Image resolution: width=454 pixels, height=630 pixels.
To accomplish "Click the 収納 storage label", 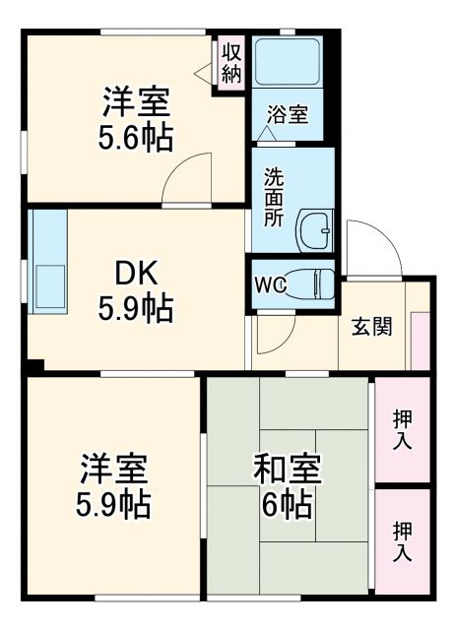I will click(x=231, y=61).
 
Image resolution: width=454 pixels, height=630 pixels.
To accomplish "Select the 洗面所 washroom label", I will click(x=273, y=197).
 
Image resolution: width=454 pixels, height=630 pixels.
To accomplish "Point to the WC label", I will click(x=271, y=285).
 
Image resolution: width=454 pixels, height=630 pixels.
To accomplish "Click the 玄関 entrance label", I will click(x=371, y=326).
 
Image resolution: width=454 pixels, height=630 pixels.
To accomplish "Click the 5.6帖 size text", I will click(x=134, y=137).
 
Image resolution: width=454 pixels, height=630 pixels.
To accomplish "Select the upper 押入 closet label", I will click(x=402, y=429).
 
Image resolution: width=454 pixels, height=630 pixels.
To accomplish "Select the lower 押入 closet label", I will click(x=402, y=540).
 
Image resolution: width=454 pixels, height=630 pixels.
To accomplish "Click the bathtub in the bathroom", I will click(x=288, y=63).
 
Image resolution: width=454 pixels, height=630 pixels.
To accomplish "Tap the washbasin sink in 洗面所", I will click(x=317, y=230).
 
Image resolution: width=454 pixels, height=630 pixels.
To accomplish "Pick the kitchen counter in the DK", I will click(x=45, y=261).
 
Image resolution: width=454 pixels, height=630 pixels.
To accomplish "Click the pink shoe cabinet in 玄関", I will click(x=420, y=340).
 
